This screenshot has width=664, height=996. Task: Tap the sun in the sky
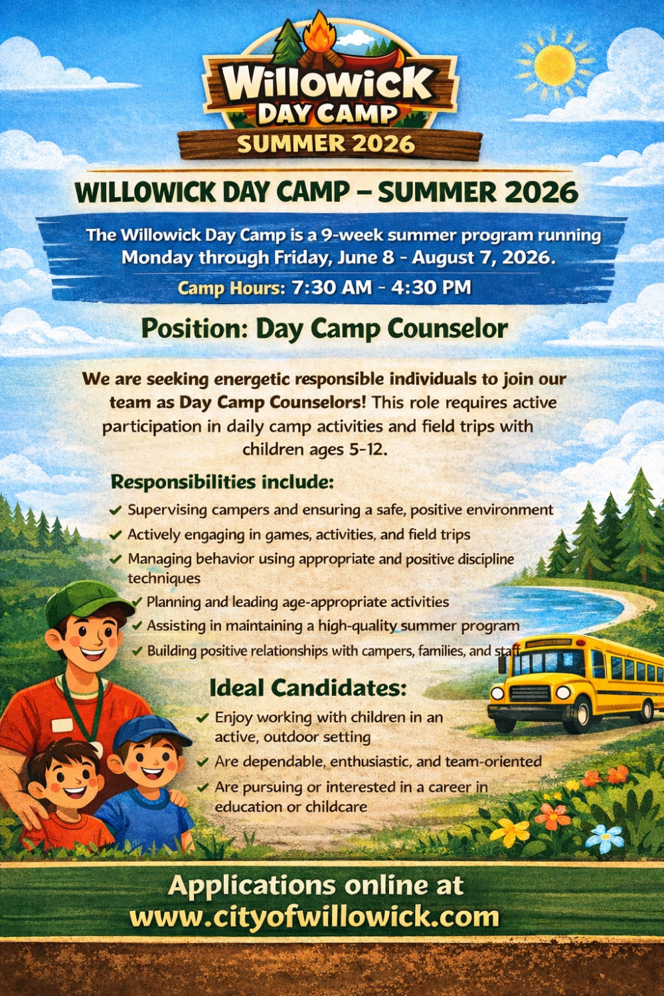point(554,66)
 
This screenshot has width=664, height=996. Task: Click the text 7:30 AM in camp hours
point(331,288)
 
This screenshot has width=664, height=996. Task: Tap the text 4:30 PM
point(431,288)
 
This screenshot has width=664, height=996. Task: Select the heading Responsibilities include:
point(222,482)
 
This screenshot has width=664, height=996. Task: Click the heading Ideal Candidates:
point(307,688)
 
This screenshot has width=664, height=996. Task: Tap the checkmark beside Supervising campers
point(116,510)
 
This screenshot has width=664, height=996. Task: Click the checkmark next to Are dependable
point(203,762)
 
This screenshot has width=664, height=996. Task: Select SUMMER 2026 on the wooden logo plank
point(326,143)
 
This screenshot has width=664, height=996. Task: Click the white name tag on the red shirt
point(62,725)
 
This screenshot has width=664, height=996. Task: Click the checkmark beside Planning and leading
point(137,602)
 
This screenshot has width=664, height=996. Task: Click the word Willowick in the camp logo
point(328,83)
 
